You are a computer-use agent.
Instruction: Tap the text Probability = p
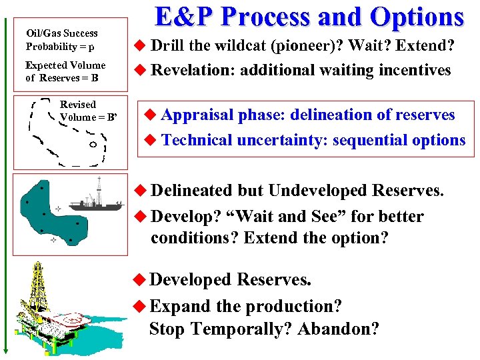[x=60, y=47]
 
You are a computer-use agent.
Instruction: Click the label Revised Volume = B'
[x=87, y=111]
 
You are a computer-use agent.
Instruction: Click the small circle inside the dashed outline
[x=94, y=145]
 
